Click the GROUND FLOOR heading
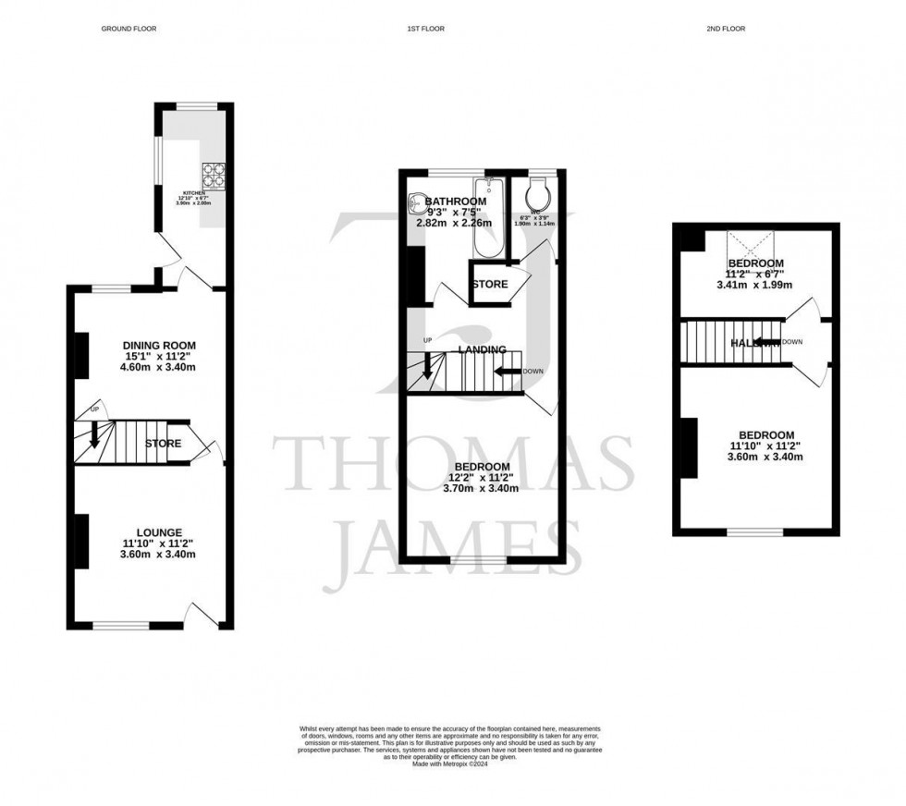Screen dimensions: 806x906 [x=129, y=29]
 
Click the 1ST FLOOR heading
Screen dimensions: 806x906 [x=425, y=29]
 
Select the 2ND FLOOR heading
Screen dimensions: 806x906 [x=725, y=29]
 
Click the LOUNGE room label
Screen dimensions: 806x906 [x=159, y=532]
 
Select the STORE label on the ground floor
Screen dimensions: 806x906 [x=163, y=445]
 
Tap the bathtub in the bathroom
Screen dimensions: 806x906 [x=486, y=218]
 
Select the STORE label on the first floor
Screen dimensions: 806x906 [x=489, y=284]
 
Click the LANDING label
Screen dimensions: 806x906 [x=482, y=349]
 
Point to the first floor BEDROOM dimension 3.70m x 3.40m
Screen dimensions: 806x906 [x=482, y=489]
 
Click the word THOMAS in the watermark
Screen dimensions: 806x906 [x=453, y=465]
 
